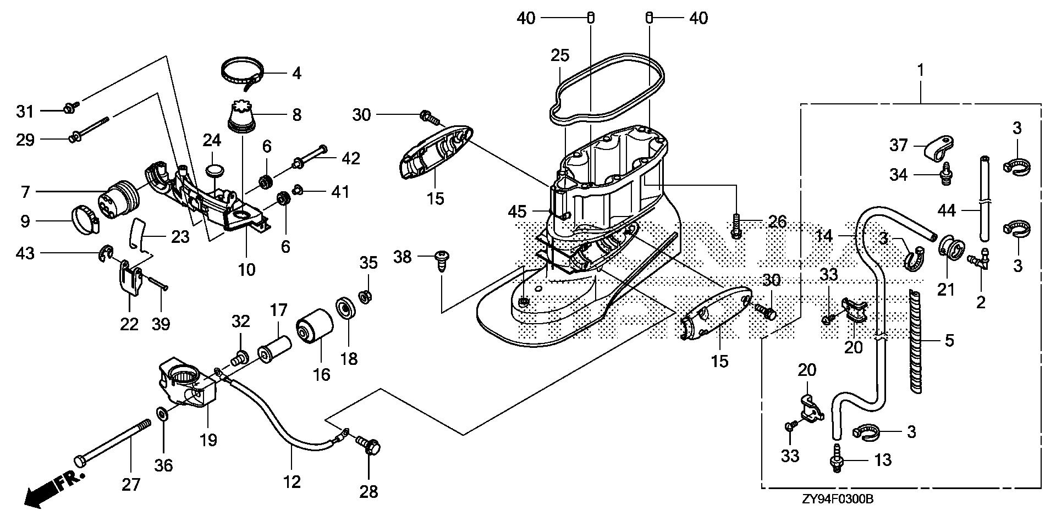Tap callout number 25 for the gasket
[560, 56]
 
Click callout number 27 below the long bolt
[131, 484]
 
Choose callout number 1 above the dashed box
[920, 70]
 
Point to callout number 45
[517, 212]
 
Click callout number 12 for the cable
[292, 482]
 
